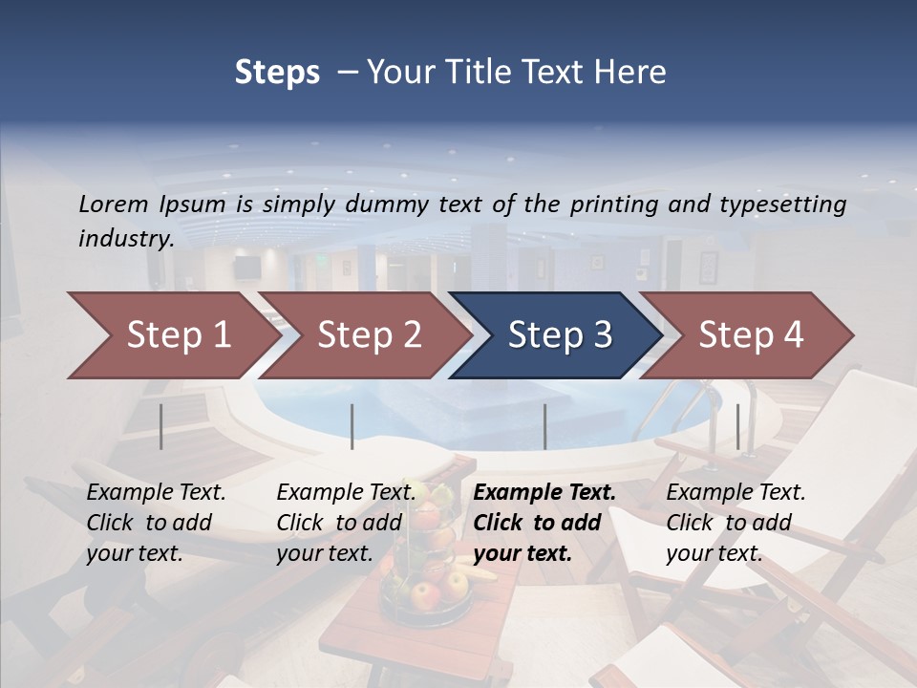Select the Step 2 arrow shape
tap(368, 335)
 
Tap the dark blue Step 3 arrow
tap(559, 335)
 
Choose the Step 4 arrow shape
tap(750, 335)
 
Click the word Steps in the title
tap(277, 72)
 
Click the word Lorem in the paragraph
tap(113, 204)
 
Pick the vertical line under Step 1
tap(161, 426)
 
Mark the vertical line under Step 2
tap(352, 426)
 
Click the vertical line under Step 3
tap(544, 426)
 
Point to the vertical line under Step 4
tap(737, 426)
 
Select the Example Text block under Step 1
tap(156, 523)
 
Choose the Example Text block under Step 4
tap(736, 523)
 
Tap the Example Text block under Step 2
tap(346, 523)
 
